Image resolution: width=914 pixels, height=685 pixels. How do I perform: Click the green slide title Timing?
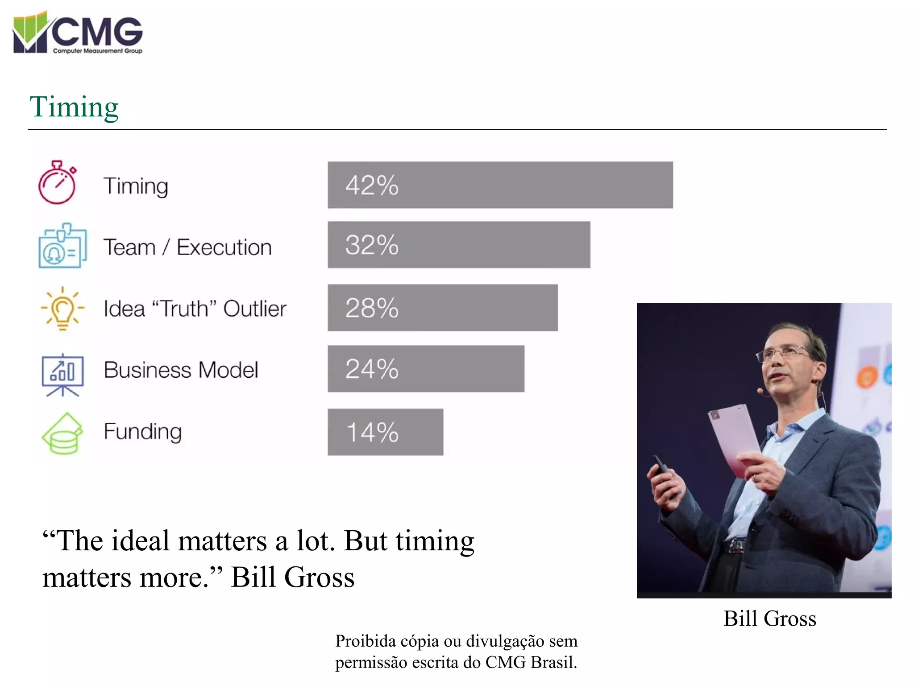74,107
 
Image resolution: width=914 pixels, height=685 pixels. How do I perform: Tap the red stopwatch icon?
57,183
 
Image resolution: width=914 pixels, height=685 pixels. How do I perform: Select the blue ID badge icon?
62,246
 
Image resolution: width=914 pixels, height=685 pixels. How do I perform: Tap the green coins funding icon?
62,434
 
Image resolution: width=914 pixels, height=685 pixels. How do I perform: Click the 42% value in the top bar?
371,186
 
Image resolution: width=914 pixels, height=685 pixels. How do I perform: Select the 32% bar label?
371,245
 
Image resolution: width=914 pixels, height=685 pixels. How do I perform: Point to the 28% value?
371,308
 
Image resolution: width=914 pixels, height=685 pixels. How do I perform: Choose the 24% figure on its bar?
371,369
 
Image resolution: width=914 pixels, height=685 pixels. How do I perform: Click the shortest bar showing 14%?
385,432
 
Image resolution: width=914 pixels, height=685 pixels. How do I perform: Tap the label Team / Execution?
187,248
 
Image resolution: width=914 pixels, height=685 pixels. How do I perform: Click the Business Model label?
181,370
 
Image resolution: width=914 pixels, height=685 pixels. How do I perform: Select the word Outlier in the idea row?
255,309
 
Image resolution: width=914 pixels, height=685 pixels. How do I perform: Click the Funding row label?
143,432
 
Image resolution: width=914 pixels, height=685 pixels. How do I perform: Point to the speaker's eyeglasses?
784,354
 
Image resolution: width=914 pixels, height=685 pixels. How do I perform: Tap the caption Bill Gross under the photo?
769,619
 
